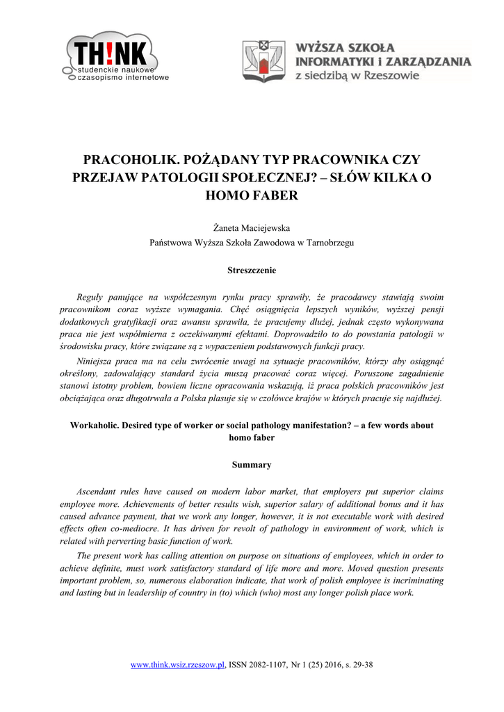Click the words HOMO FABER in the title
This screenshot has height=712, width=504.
[x=252, y=195]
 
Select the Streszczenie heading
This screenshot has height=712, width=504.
[x=252, y=270]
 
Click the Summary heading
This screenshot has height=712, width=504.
[x=252, y=464]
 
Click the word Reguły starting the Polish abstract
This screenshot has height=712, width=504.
[x=90, y=297]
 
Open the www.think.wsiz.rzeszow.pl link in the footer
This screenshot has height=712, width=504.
[x=179, y=665]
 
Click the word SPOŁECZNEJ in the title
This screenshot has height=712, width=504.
[x=259, y=177]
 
